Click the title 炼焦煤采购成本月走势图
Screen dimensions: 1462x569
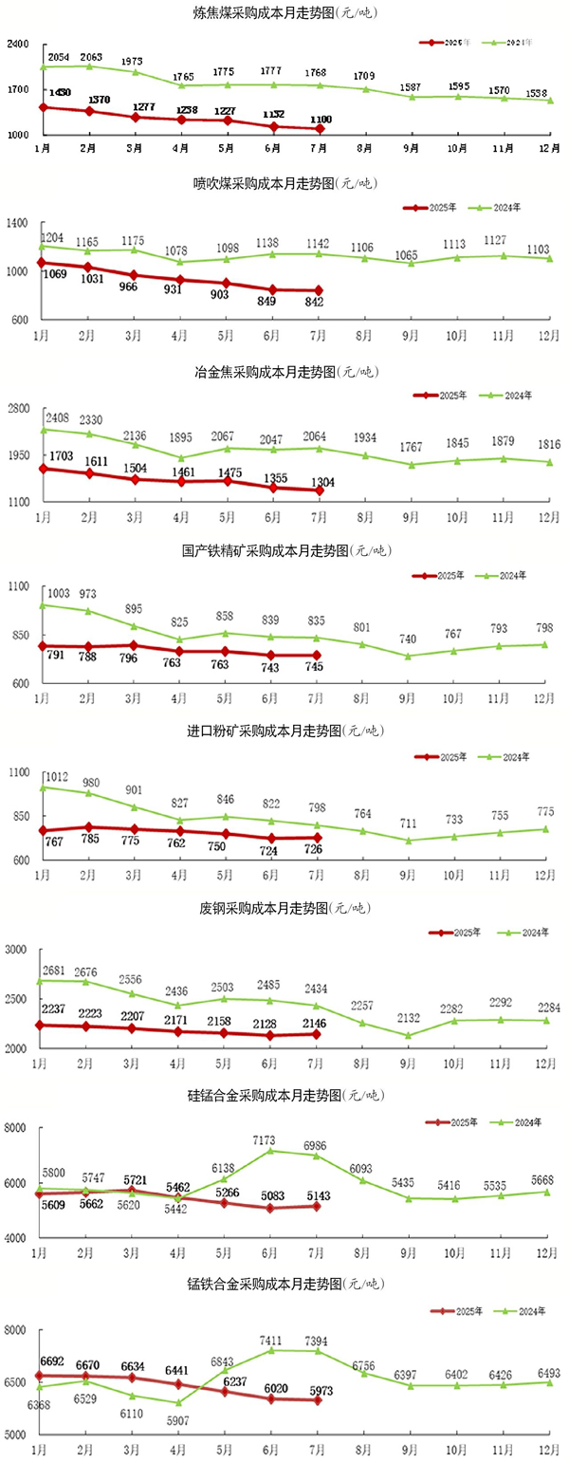[x=282, y=13]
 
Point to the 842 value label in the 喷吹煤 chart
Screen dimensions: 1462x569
[x=316, y=302]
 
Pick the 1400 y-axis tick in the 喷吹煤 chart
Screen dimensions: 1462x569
[x=19, y=223]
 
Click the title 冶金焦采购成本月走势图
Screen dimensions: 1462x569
[x=282, y=372]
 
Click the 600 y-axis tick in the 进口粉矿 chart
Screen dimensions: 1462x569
[x=20, y=861]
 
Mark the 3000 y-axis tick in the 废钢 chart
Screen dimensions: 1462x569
[x=17, y=950]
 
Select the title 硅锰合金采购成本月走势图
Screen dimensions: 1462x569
[x=282, y=1096]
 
